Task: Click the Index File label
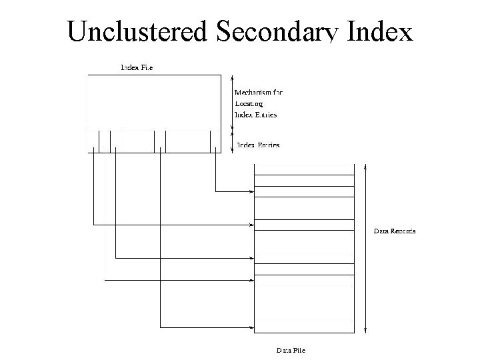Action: pyautogui.click(x=136, y=67)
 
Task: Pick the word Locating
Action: pyautogui.click(x=249, y=103)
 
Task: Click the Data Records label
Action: pyautogui.click(x=394, y=231)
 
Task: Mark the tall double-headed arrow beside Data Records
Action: pyautogui.click(x=365, y=247)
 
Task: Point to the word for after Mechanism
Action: pyautogui.click(x=277, y=92)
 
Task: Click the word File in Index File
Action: pyautogui.click(x=145, y=67)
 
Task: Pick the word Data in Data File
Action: pyautogui.click(x=283, y=349)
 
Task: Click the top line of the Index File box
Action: pyautogui.click(x=153, y=75)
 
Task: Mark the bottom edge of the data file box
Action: pyautogui.click(x=303, y=332)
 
